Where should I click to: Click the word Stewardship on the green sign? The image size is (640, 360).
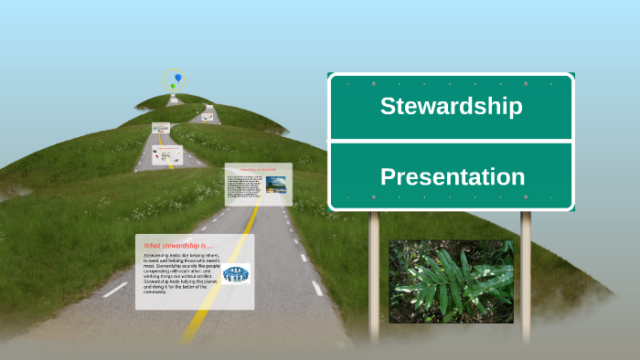tap(451, 106)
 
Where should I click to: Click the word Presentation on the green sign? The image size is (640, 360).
tap(452, 176)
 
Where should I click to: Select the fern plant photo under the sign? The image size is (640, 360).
tap(451, 281)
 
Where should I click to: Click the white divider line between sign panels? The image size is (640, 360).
tap(451, 142)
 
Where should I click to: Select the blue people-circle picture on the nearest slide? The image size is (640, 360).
tap(236, 273)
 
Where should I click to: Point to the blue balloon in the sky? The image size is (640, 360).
tap(177, 78)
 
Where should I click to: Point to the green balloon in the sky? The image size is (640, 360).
tap(172, 86)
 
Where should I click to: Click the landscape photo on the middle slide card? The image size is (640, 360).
tap(275, 184)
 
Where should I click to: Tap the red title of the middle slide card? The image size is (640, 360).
tap(257, 169)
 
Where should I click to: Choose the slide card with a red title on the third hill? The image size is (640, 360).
tap(167, 155)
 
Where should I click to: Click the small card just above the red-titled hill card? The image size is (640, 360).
tap(161, 129)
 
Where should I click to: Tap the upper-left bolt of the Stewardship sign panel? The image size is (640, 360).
tap(347, 84)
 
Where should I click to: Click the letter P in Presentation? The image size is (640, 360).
tap(388, 176)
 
